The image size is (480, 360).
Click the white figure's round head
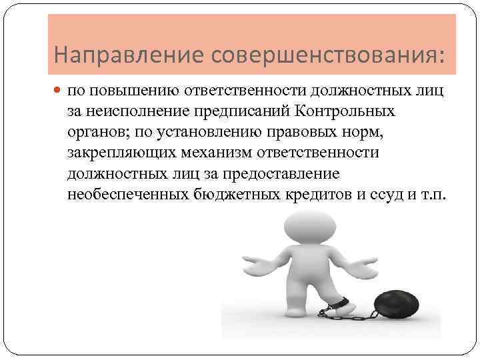point(299,227)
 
